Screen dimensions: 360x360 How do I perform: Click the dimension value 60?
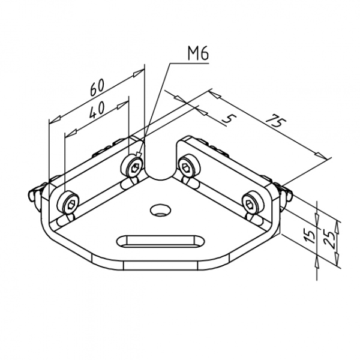coord(97,88)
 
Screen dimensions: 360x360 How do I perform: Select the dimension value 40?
coord(97,110)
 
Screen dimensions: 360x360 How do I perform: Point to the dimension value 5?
coord(229,119)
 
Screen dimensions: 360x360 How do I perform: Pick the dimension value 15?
coord(310,236)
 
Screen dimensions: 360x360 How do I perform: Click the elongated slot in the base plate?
coord(160,242)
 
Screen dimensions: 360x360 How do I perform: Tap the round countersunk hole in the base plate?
coord(160,210)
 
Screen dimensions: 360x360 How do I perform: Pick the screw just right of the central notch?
coord(188,167)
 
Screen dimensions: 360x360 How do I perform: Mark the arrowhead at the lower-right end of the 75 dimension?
coord(320,155)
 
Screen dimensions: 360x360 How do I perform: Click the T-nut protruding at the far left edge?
coord(35,194)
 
